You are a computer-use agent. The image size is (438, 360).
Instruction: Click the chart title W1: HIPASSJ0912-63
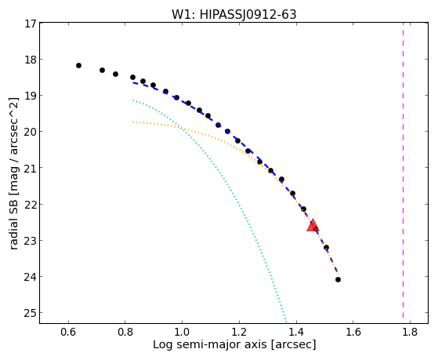coord(233,15)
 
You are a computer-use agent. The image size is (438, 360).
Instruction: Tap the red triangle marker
coord(313,225)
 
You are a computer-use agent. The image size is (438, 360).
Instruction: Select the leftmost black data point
coord(79,65)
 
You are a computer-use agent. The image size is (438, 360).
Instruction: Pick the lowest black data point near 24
coord(338,279)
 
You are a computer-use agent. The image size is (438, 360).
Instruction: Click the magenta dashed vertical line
coord(403,170)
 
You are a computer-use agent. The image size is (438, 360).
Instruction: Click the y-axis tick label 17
coord(31,24)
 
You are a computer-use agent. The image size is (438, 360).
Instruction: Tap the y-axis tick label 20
coord(31,132)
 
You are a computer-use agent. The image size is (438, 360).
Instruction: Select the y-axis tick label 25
coord(31,313)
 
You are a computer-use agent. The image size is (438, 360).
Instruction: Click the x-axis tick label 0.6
coord(68,332)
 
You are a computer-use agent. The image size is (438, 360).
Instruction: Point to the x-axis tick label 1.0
coord(182,332)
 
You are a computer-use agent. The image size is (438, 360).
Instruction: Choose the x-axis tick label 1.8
coord(410,332)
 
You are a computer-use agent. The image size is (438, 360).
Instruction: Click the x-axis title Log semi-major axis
coord(209,345)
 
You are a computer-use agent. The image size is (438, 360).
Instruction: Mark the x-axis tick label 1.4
coord(296,332)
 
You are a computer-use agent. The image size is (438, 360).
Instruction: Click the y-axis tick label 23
coord(31,240)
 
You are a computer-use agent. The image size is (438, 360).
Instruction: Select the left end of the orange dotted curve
coord(133,122)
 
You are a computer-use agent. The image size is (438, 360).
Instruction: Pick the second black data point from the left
coord(102,70)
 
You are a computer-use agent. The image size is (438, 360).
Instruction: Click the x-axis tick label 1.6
coord(353,332)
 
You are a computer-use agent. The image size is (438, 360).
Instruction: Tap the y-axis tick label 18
coord(31,60)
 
